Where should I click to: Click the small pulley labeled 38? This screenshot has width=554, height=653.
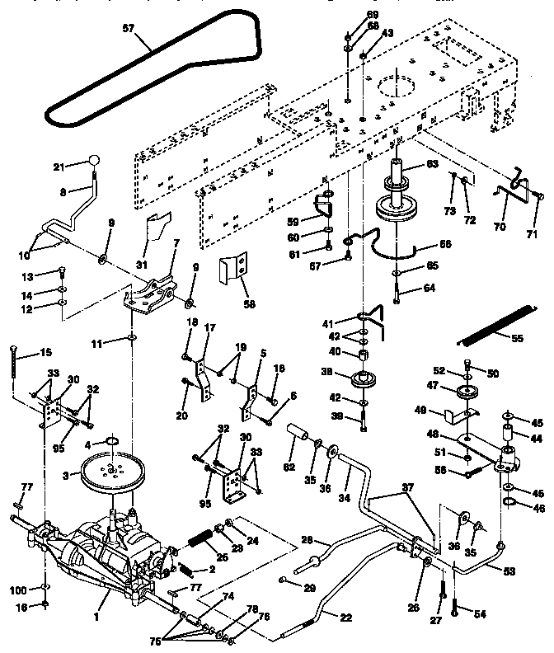(359, 384)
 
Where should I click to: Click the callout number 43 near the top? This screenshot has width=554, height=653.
(387, 33)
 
